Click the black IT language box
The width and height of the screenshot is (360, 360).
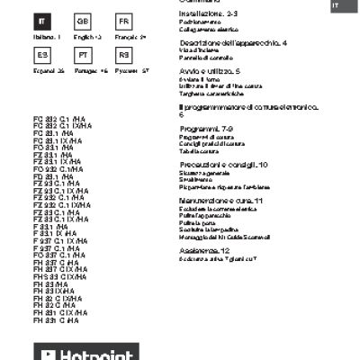[46, 21]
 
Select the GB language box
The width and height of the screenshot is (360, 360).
[82, 21]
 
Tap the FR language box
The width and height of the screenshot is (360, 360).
[124, 21]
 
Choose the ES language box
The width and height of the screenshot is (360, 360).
[46, 55]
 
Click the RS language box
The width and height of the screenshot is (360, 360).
[124, 55]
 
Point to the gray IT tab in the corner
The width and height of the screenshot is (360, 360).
[340, 5]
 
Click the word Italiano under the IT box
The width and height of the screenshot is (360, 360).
[46, 36]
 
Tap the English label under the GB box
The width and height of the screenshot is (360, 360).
[84, 36]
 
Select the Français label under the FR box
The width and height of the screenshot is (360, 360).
[129, 36]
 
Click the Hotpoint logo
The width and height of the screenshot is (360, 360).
[87, 353]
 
